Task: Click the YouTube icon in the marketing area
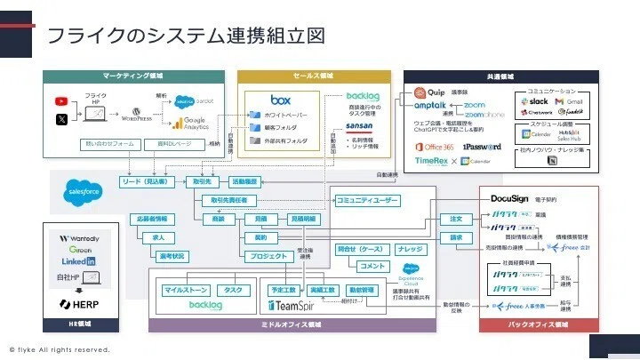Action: pos(61,101)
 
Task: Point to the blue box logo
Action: pos(282,100)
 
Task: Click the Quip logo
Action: pos(429,92)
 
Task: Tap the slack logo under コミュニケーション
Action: pos(536,101)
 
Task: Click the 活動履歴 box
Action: pos(244,181)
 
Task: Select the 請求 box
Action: pos(456,237)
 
